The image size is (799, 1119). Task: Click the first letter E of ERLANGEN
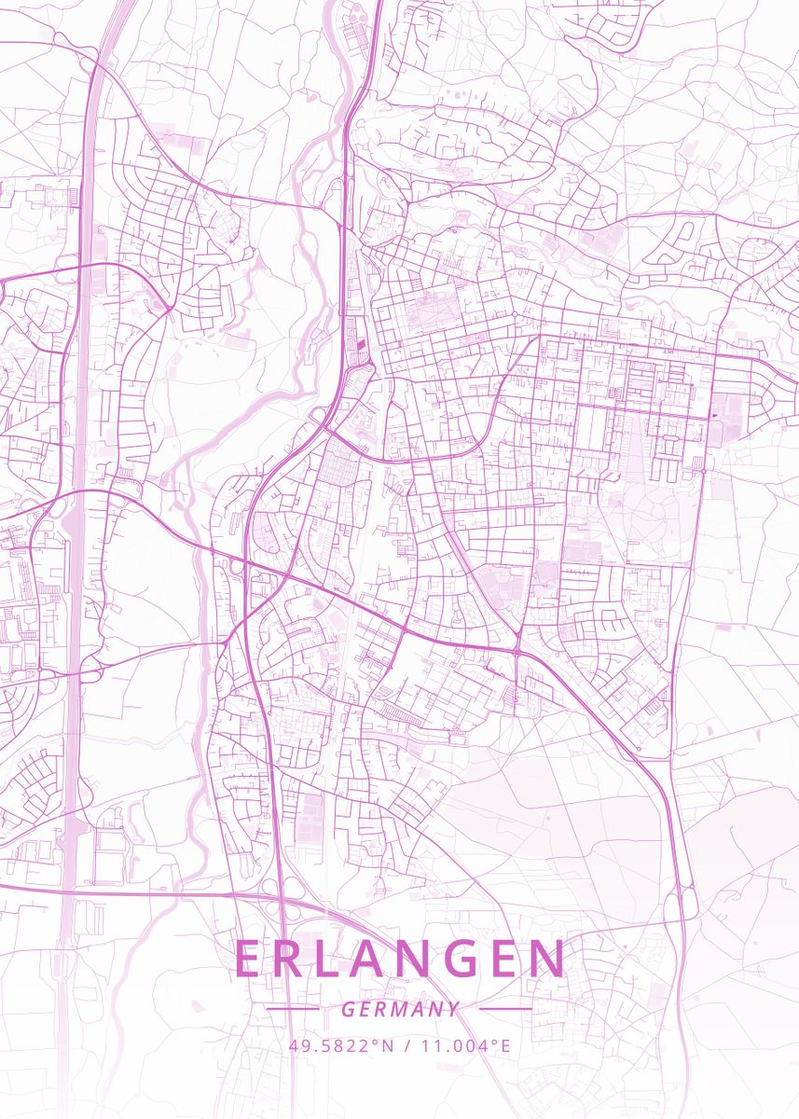pyautogui.click(x=249, y=959)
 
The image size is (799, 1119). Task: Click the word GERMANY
pyautogui.click(x=400, y=1009)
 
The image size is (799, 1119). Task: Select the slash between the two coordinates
pyautogui.click(x=406, y=1045)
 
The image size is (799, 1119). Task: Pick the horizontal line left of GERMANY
pyautogui.click(x=293, y=1009)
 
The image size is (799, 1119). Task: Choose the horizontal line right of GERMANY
pyautogui.click(x=505, y=1009)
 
